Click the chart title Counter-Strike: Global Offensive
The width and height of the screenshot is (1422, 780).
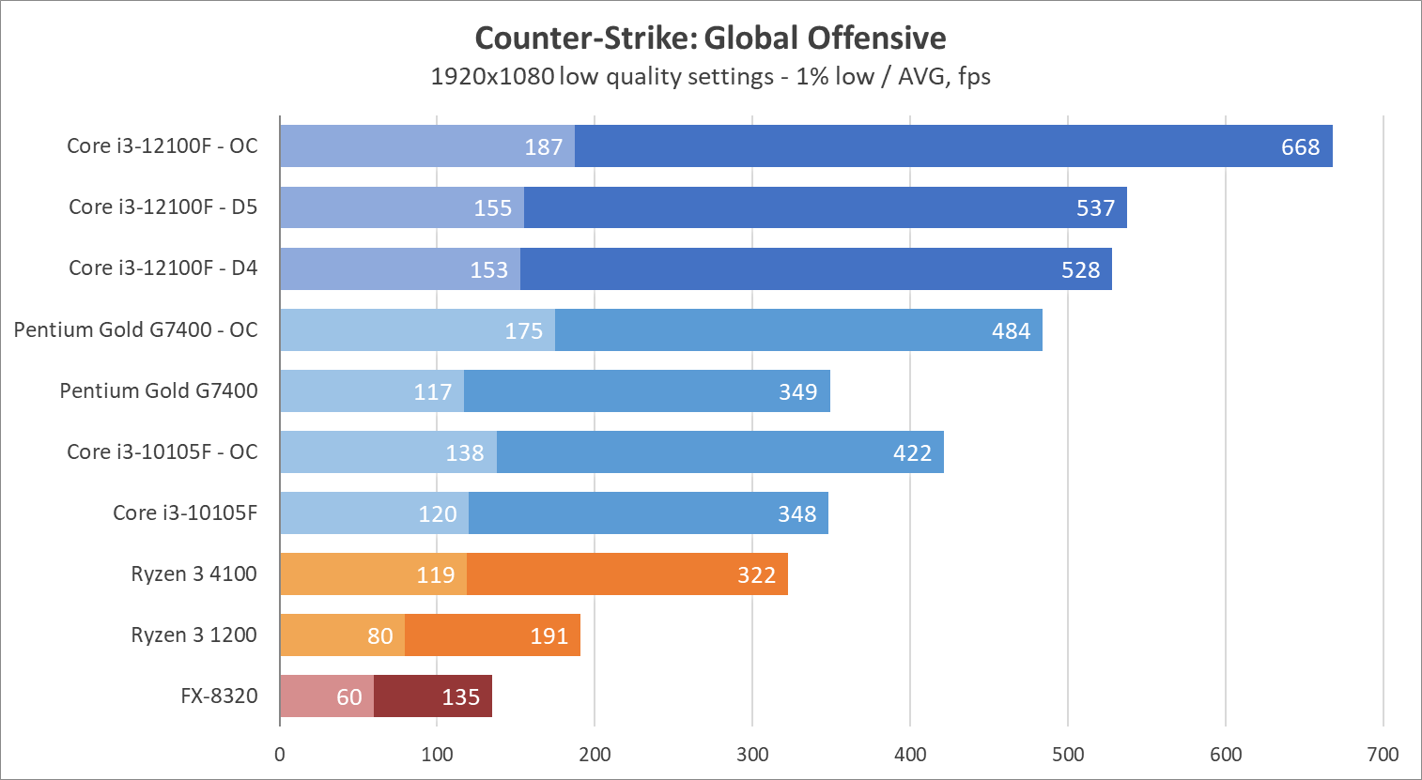[710, 38]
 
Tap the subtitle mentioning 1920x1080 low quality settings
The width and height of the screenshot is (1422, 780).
[710, 76]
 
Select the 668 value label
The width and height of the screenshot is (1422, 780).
[1300, 147]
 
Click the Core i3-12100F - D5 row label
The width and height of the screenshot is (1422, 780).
[162, 206]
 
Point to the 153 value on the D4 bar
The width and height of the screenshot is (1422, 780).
[488, 270]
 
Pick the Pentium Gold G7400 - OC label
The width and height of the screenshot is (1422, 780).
[135, 329]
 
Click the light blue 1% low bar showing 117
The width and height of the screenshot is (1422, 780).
[372, 391]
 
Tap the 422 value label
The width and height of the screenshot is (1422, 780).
[912, 453]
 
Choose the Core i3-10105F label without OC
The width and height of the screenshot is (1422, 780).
[185, 512]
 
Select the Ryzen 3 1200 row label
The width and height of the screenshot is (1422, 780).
[193, 635]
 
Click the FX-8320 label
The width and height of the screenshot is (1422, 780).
[219, 696]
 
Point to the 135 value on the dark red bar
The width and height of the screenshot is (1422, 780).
[460, 697]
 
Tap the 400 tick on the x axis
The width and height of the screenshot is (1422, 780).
[910, 755]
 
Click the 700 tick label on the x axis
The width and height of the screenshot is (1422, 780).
[1383, 755]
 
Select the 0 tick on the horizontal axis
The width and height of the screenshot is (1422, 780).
[280, 755]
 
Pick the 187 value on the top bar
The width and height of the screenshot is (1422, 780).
[543, 147]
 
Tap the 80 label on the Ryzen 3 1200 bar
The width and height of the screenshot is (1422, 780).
[379, 636]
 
